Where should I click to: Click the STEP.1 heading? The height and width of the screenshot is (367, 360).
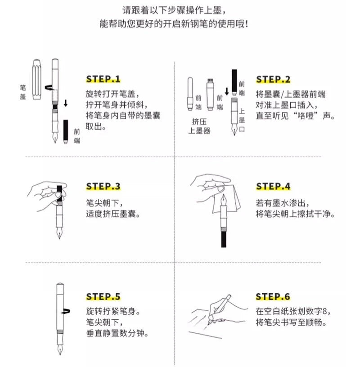(x=103, y=79)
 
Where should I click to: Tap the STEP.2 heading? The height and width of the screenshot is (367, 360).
(x=273, y=79)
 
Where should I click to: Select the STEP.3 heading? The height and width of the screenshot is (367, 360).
(x=103, y=186)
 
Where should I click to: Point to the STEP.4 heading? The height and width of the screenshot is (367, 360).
(x=273, y=186)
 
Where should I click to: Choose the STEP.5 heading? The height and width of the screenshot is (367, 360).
(x=103, y=296)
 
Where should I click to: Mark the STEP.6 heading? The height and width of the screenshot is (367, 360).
(x=273, y=296)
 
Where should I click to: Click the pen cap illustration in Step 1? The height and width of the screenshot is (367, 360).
(x=37, y=79)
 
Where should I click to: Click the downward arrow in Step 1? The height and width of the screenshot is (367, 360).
(x=66, y=103)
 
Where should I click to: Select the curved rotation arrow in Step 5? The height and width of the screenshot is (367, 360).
(x=66, y=311)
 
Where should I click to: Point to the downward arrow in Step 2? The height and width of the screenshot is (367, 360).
(x=227, y=91)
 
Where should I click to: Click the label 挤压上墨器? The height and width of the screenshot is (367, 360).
(x=199, y=126)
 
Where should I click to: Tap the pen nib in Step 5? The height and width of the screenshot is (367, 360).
(x=60, y=348)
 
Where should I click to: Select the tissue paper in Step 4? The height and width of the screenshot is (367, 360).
(x=227, y=198)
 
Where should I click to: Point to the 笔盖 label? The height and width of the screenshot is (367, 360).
(x=22, y=92)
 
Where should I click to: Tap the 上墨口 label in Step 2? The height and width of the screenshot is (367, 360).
(x=242, y=120)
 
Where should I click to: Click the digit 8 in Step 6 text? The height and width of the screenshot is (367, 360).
(x=324, y=311)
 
